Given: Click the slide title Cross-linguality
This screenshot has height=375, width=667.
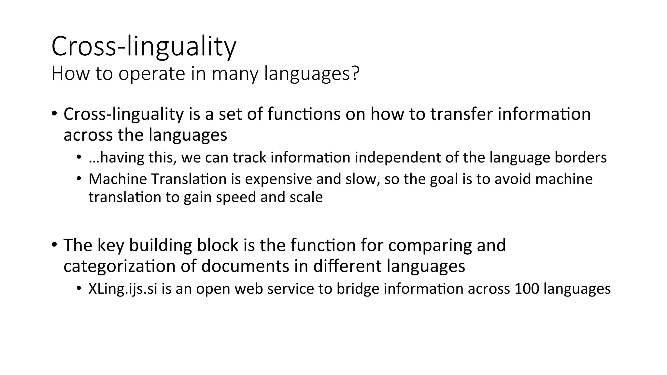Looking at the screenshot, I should coord(144,47).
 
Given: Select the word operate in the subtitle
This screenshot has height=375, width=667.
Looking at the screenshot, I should coord(153,74).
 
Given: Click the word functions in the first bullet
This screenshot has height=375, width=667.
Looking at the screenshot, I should coord(304,114).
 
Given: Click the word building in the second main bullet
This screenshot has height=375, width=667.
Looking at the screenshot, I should coord(161,245).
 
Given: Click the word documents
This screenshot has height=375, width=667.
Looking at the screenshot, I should coord(245,266).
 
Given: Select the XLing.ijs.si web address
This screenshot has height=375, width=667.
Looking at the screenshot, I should coord(123,289).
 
